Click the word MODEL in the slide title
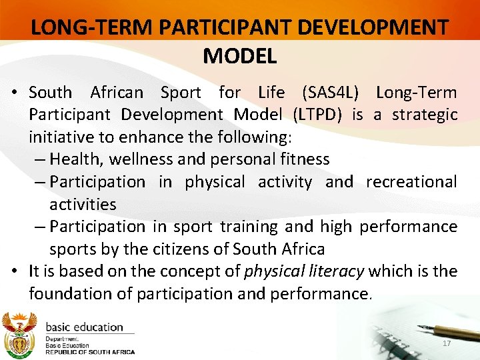point(239,56)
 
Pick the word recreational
point(411,181)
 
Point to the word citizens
point(193,249)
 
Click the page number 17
point(447,343)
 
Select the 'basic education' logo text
point(84,327)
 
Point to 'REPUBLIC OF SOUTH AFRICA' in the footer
point(89,351)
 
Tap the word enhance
point(134,137)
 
